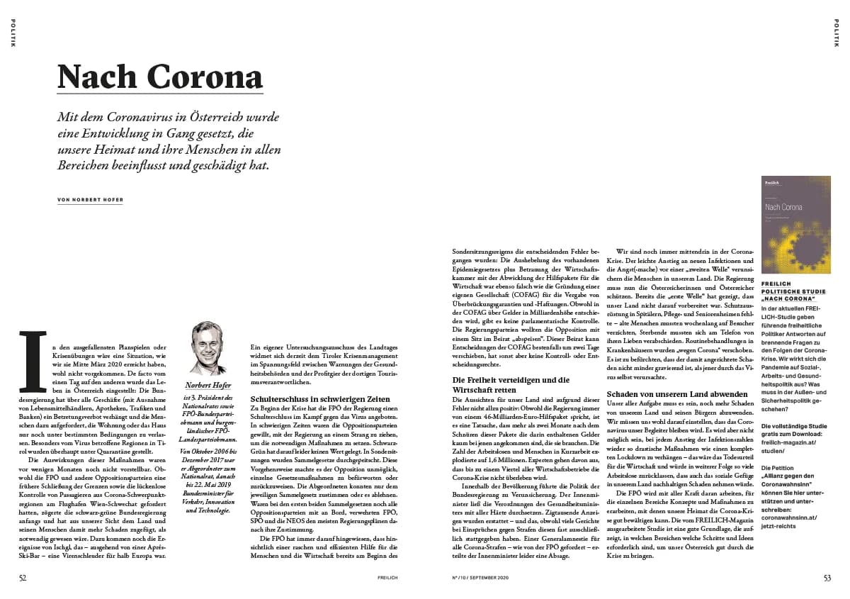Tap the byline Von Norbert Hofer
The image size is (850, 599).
(x=90, y=200)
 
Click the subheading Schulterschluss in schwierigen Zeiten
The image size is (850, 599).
(x=320, y=399)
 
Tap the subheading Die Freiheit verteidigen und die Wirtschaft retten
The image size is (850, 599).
(x=510, y=385)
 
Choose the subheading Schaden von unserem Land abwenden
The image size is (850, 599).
(x=667, y=393)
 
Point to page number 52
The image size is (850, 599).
(x=23, y=578)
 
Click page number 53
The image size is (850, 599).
(x=827, y=578)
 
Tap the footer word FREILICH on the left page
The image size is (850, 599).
(x=387, y=578)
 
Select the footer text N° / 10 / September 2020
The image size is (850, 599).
(x=480, y=578)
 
